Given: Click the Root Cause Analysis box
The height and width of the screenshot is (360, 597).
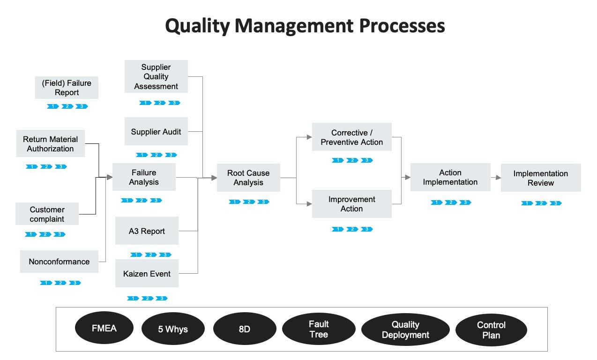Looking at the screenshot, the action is pos(248,178).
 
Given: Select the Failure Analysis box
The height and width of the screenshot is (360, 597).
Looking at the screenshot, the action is pos(144,177).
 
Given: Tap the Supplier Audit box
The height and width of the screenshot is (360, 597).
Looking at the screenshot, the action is pos(156,131).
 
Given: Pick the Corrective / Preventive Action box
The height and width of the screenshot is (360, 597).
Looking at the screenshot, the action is pos(352,137).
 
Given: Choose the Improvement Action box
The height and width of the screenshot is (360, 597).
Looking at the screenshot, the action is pos(352,204).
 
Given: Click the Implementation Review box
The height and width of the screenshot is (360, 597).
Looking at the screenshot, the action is pos(541,178).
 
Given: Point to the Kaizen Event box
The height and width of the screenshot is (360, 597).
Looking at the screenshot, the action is pos(147,273).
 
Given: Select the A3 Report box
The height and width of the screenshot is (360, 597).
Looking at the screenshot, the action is pos(147,231).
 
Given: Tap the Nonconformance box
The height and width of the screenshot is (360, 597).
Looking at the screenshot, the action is pos(59,262).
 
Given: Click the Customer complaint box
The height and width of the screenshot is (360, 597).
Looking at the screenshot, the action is pos(47,214).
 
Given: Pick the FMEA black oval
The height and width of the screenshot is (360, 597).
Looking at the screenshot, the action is pos(104,328).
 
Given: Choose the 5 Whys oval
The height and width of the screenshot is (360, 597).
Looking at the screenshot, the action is pos(173,329).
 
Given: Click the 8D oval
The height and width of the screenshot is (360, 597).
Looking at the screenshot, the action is pos(245,329).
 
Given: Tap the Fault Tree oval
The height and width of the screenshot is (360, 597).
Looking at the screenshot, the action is pos(319,329).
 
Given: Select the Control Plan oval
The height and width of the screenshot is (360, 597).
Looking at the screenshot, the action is pos(491,330).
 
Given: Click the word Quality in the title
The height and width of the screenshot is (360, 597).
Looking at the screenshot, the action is pos(197,26).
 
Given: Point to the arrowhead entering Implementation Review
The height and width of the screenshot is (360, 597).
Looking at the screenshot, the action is pos(499,178).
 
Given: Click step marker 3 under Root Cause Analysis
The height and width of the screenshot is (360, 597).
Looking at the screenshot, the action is pos(263,202).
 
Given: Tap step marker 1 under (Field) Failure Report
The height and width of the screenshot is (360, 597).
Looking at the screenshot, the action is pos(53,106).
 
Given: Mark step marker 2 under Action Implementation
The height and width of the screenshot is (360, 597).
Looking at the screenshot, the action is pos(451,202).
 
